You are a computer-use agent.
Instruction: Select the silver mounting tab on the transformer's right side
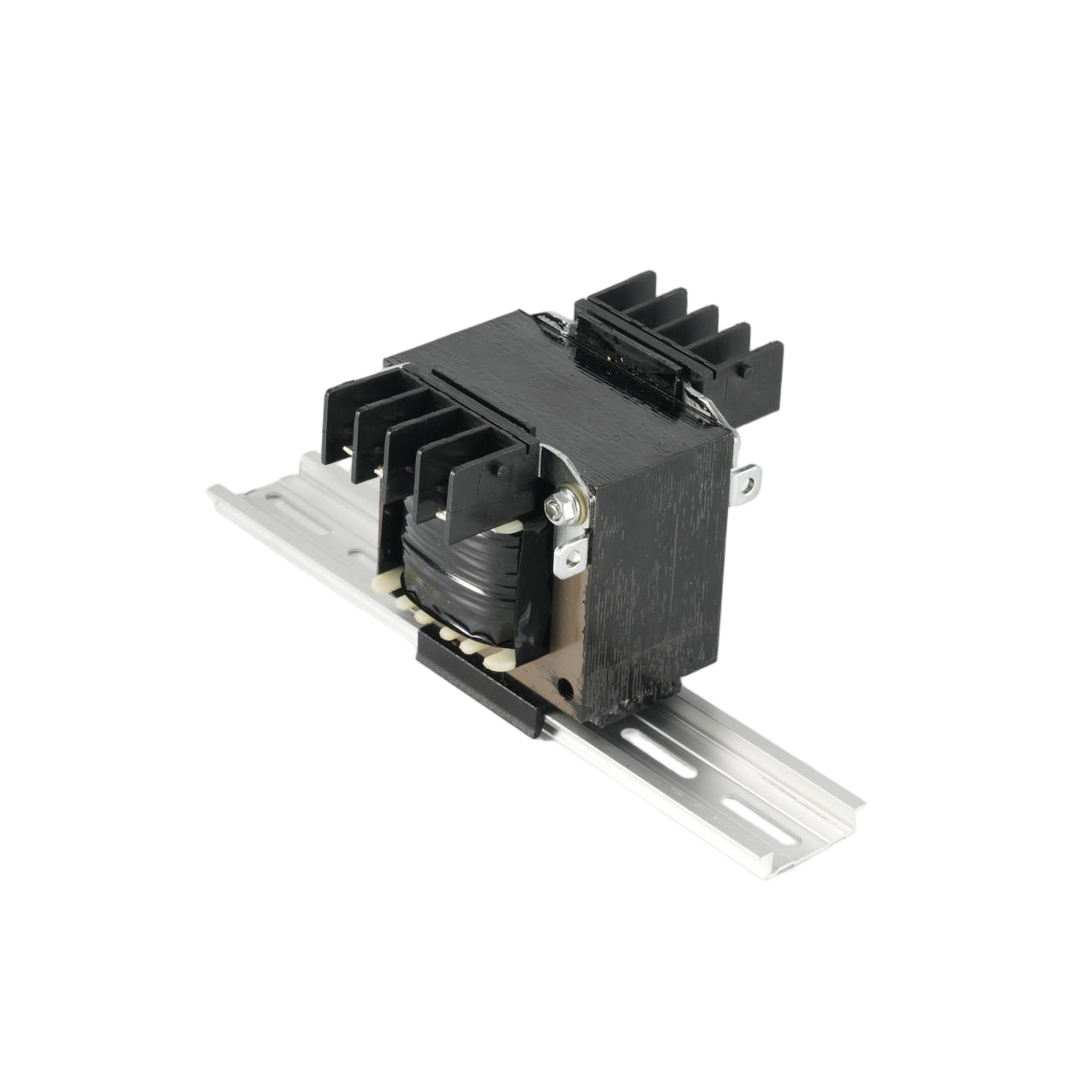coord(748,480)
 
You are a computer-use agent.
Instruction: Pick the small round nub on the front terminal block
coord(503,469)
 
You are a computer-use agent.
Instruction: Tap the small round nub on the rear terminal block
coord(743,373)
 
